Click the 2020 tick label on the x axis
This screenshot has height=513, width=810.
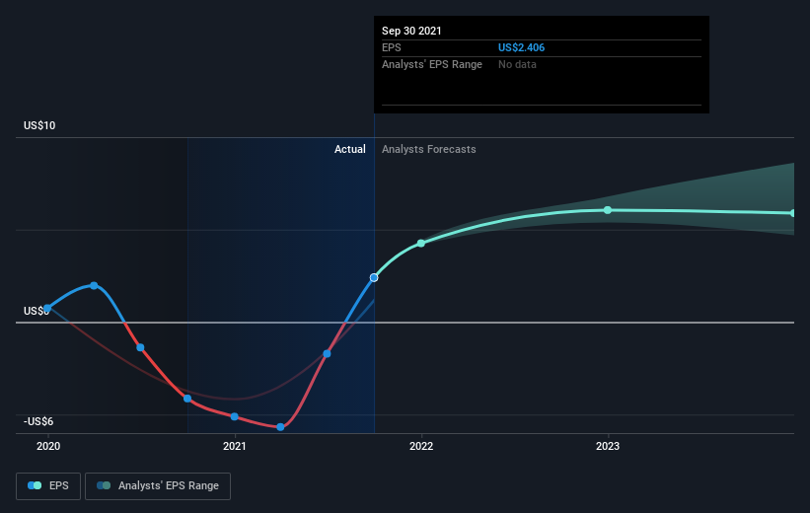(48, 446)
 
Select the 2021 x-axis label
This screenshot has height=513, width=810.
(235, 446)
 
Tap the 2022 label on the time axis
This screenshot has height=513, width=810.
(421, 446)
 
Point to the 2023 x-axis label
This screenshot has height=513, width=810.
(608, 446)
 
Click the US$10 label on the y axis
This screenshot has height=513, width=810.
(39, 125)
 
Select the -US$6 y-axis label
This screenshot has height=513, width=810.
(38, 421)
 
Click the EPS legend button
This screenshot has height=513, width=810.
(48, 485)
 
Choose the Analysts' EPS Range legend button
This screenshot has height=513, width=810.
(158, 485)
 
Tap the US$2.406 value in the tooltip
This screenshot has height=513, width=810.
(521, 47)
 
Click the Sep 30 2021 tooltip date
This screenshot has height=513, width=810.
(411, 31)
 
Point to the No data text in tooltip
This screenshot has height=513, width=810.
(517, 64)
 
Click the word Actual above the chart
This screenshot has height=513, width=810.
(349, 149)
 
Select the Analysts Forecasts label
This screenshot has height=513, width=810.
(429, 149)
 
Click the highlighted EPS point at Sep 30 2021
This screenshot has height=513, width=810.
(374, 278)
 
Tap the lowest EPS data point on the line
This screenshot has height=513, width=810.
(280, 427)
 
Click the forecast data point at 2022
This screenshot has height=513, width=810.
(421, 244)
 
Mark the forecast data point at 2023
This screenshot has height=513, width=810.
(608, 210)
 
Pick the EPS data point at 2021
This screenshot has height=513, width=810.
(235, 416)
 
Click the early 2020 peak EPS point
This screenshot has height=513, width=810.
(94, 286)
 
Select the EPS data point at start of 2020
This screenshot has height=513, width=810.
(47, 309)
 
